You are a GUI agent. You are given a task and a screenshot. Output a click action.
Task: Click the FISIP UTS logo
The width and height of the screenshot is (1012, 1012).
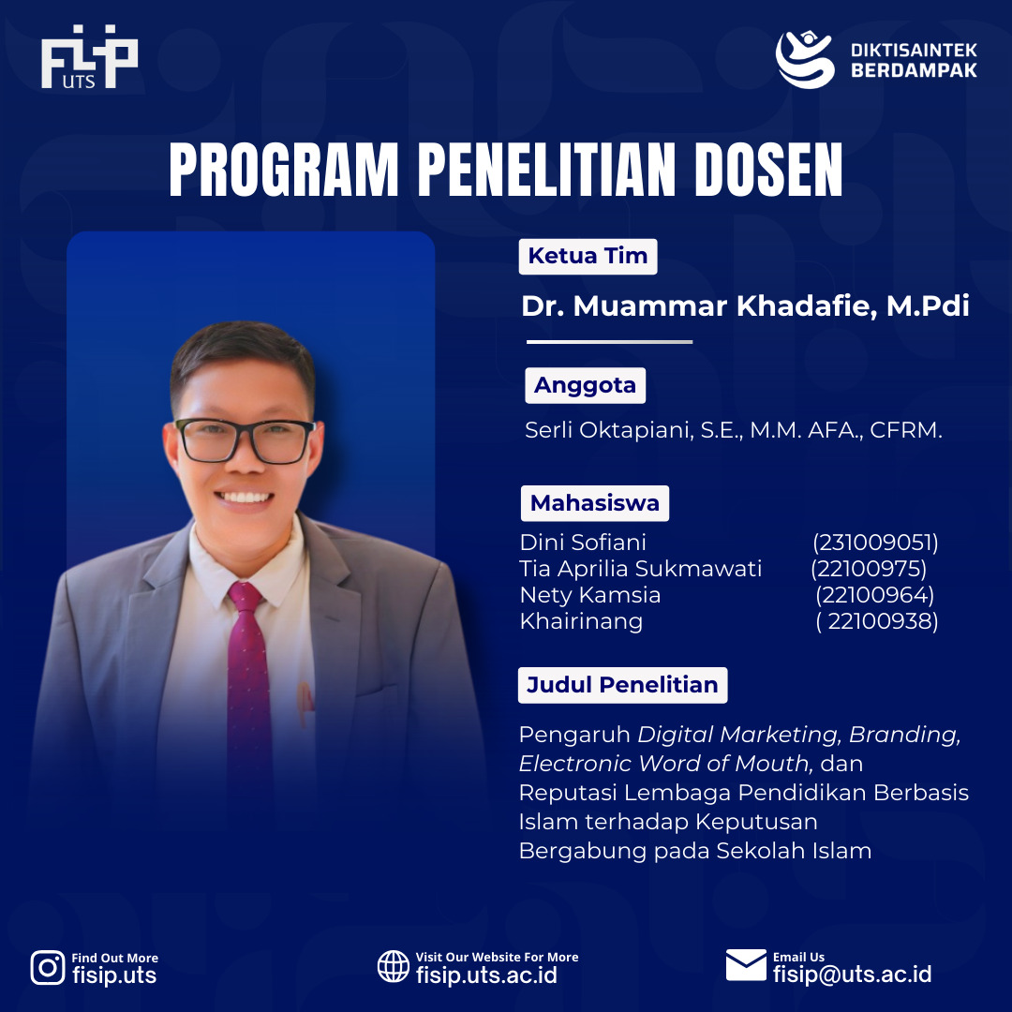point(89,57)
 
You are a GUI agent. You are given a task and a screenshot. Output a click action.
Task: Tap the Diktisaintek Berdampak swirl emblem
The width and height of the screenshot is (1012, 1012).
point(805,59)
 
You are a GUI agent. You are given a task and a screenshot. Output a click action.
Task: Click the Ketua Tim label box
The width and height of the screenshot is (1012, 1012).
point(588,256)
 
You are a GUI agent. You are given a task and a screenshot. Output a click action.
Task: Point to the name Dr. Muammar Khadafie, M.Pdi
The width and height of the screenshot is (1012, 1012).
point(745,305)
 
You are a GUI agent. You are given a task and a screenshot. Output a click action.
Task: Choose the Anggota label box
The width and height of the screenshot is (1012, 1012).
point(586,385)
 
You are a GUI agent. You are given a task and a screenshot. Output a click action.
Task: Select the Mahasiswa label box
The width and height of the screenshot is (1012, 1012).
point(595,503)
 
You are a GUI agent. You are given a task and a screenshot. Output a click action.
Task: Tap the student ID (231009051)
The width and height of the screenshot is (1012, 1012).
point(875,543)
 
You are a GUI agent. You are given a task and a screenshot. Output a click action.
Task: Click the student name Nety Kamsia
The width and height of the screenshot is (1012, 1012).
point(590,595)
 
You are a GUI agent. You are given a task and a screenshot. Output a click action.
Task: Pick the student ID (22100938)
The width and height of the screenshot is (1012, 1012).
point(877,621)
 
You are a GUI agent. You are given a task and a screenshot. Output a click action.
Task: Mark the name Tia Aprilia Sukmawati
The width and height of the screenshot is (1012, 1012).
point(640,569)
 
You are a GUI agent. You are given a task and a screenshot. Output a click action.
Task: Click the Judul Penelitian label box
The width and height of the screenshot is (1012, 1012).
point(623,685)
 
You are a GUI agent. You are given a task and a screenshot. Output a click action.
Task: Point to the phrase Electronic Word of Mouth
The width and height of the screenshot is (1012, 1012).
point(664,764)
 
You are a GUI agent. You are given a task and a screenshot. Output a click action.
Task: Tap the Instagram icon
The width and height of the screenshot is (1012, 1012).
point(48,967)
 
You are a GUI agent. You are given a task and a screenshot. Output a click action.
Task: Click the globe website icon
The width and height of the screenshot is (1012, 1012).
point(394,966)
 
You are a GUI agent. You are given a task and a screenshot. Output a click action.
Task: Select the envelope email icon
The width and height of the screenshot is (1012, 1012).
point(746,965)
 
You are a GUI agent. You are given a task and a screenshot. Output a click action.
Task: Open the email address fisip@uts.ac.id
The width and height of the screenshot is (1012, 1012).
point(853,974)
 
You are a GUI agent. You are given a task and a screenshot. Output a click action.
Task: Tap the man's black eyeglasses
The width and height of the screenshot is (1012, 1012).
point(246,440)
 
